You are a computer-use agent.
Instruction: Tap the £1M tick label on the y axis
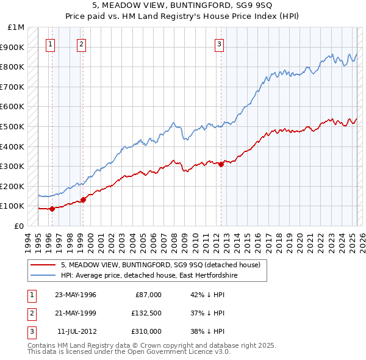point(16,27)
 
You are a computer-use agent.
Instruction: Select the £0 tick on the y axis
point(20,226)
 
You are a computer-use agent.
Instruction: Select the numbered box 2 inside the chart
point(81,43)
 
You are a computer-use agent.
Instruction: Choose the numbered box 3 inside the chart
point(218,43)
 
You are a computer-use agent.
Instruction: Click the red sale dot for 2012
point(221,164)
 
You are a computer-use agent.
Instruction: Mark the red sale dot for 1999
point(83,199)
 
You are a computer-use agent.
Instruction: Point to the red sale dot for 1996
point(52,209)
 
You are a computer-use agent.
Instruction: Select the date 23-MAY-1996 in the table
point(76,295)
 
